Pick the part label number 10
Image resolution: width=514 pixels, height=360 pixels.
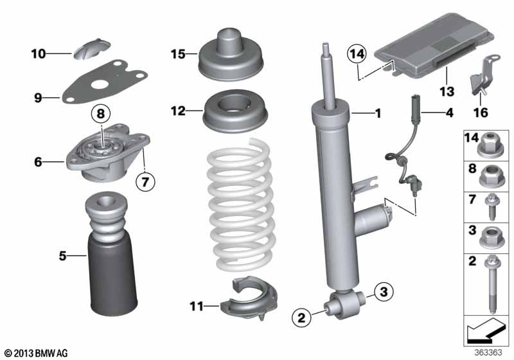coord(39,54)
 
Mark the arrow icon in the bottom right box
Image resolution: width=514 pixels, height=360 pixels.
coord(486,334)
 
